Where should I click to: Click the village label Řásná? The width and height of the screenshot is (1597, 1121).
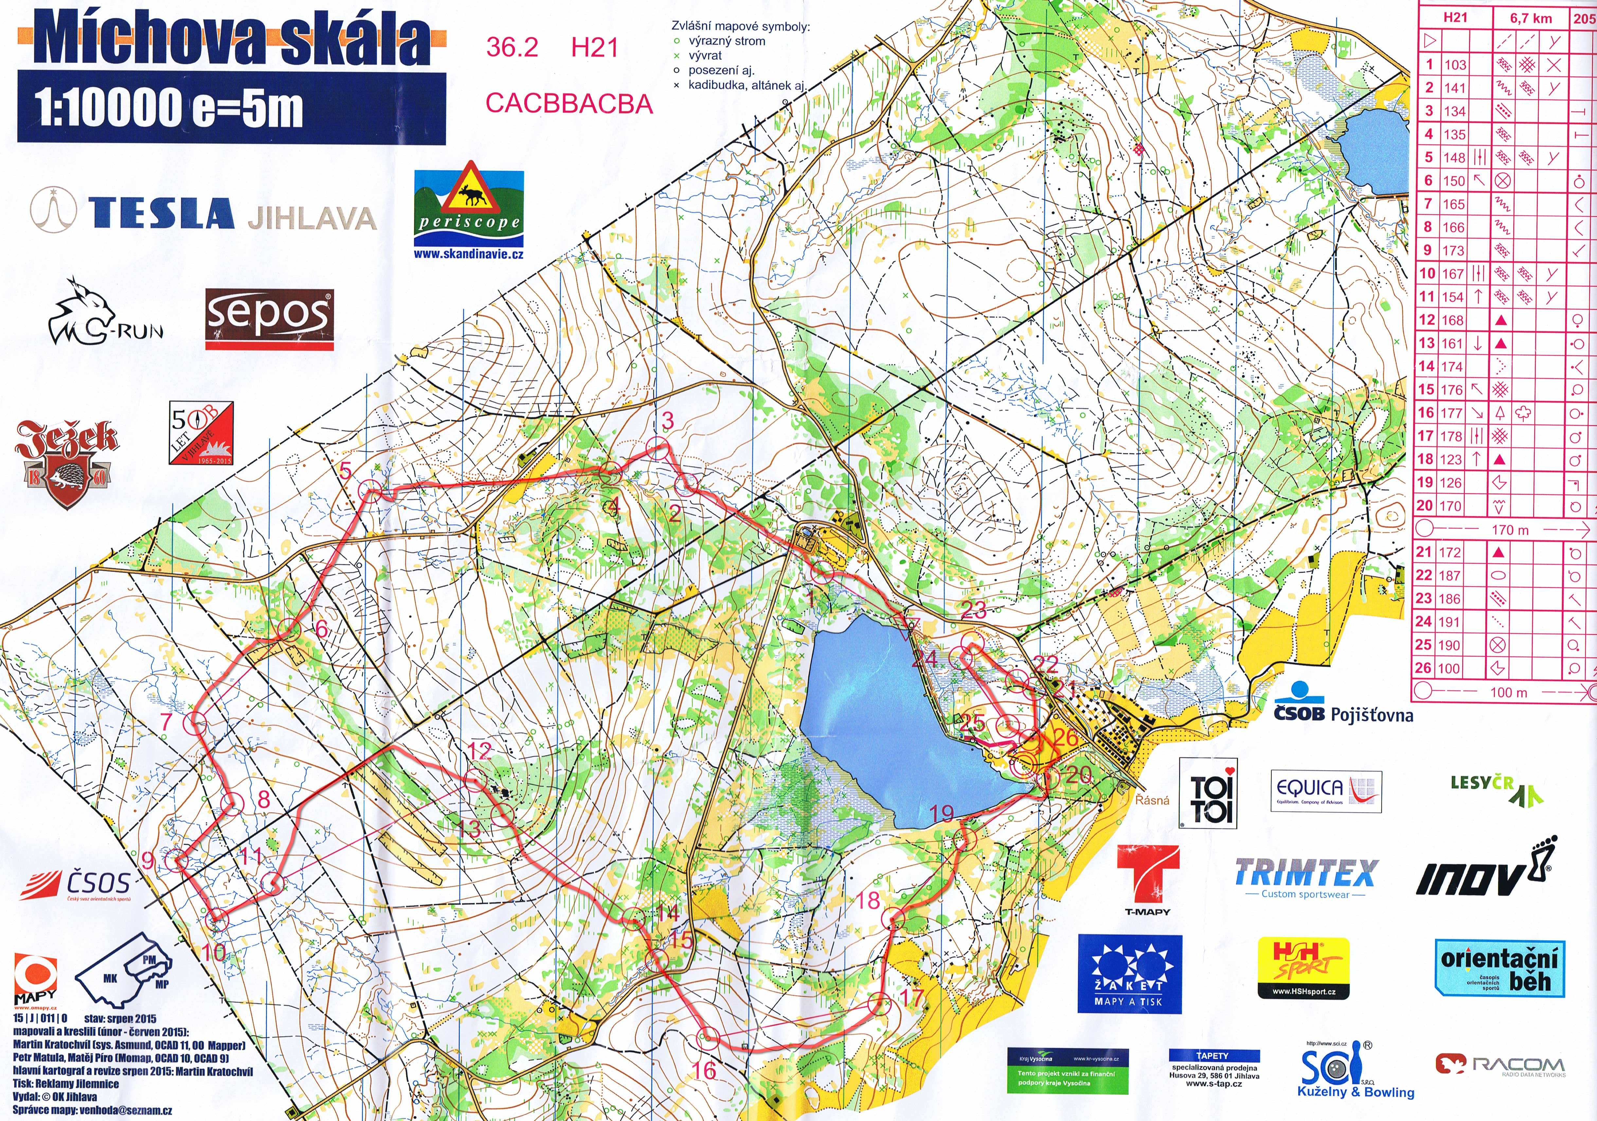point(1152,800)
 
